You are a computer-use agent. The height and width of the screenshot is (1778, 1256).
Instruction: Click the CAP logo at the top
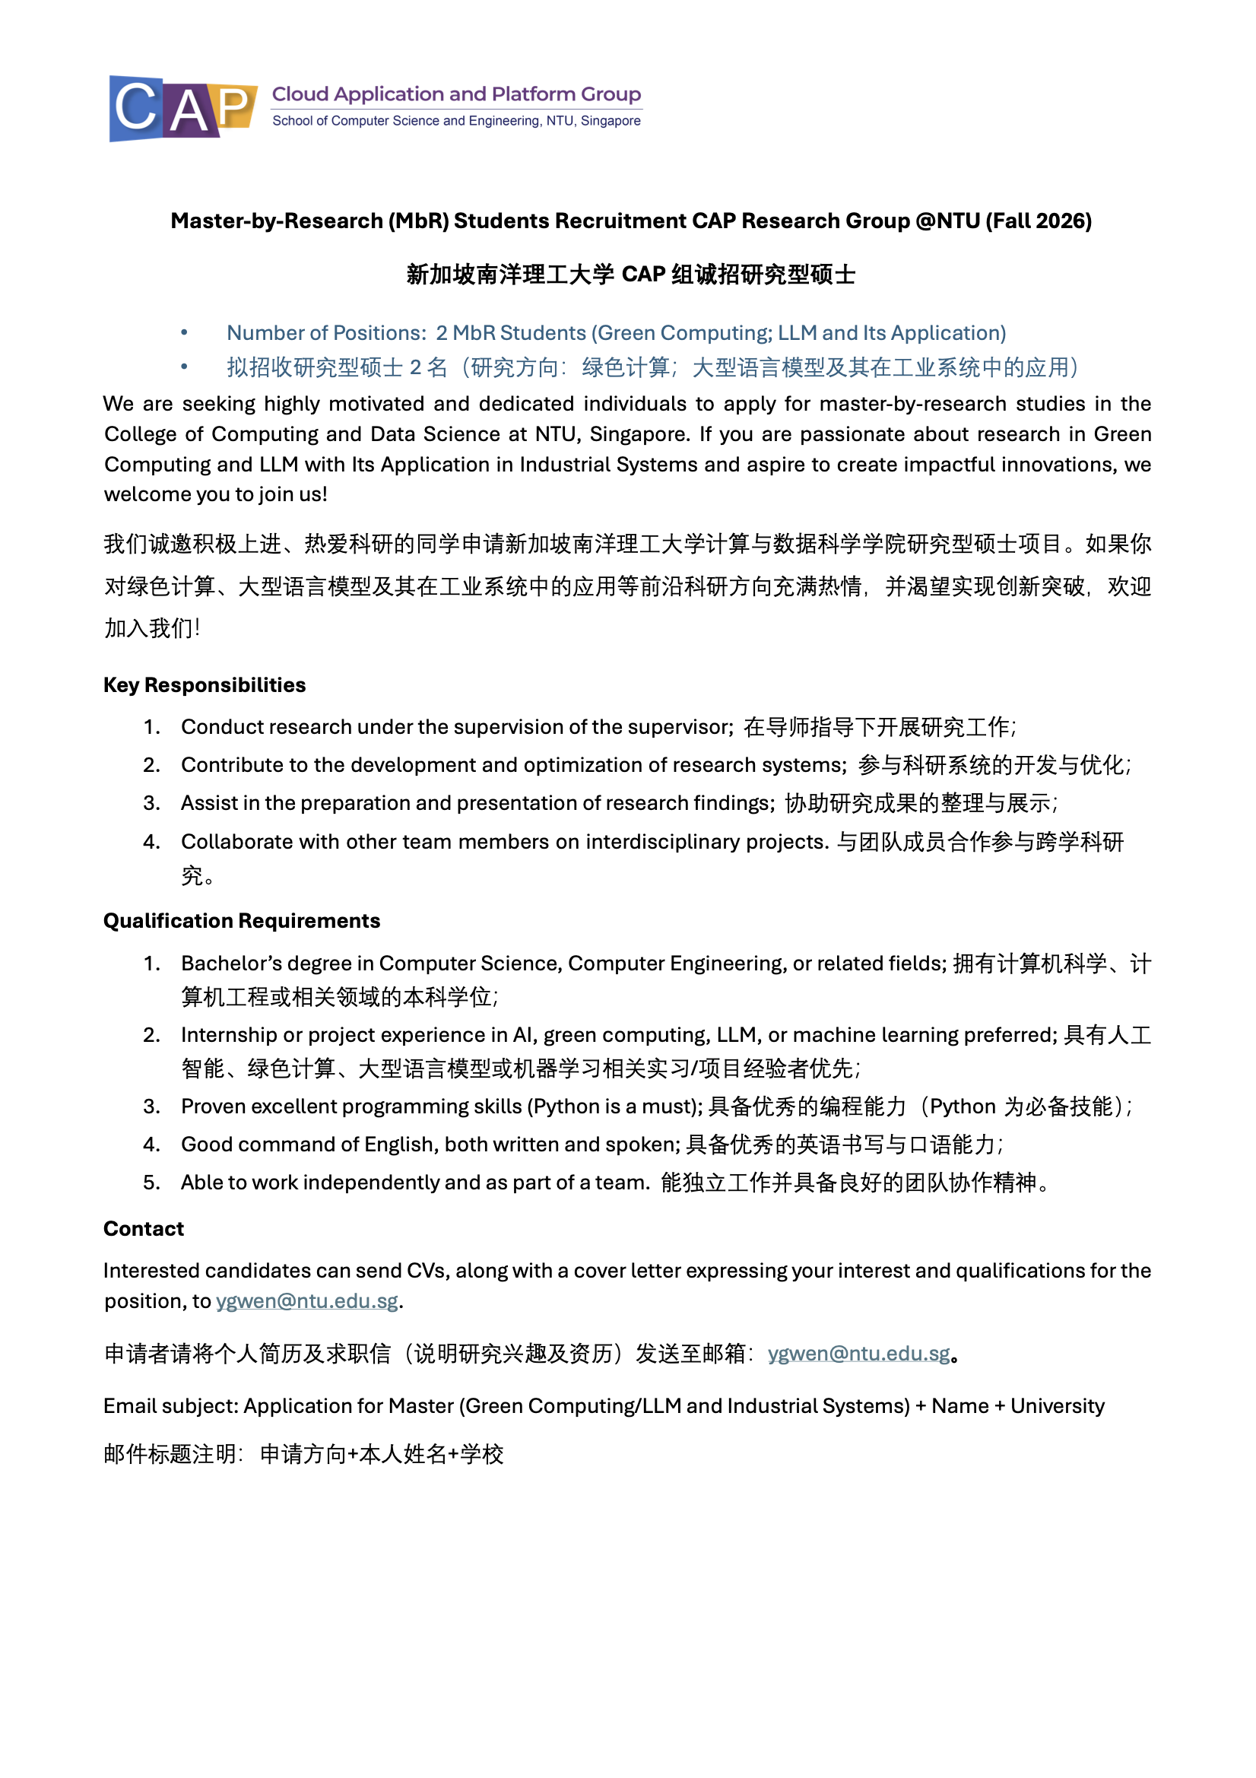[182, 108]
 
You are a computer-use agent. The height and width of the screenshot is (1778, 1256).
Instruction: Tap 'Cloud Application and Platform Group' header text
[456, 94]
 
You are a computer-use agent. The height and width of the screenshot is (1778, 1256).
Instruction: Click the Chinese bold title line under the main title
[630, 275]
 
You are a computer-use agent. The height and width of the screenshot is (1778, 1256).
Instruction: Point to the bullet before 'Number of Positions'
[184, 333]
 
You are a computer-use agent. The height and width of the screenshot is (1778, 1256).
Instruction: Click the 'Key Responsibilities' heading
[205, 685]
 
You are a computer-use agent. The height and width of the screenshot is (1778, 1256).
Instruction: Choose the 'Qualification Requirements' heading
[242, 921]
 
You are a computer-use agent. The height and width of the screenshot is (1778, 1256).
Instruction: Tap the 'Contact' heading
[143, 1229]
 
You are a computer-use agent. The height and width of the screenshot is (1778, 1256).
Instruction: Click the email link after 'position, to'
[306, 1301]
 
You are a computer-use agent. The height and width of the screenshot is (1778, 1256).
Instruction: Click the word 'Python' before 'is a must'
[568, 1106]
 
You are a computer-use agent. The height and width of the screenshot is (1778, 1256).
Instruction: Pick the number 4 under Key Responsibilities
[151, 842]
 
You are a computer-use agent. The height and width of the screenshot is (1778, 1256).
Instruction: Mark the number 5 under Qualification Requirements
[151, 1183]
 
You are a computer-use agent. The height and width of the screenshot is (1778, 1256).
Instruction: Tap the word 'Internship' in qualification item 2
[228, 1035]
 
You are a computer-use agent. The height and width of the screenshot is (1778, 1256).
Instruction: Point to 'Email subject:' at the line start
[170, 1406]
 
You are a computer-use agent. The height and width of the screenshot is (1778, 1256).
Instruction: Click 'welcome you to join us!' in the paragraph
[215, 495]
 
